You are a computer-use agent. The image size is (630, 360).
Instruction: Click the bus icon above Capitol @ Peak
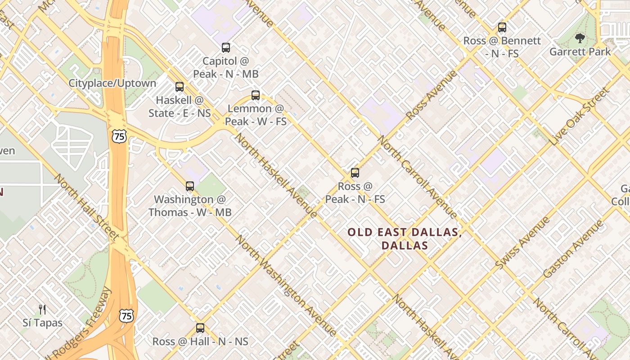(226, 47)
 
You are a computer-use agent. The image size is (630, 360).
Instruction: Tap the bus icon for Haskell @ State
(180, 87)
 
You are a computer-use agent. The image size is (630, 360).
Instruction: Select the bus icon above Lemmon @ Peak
(256, 95)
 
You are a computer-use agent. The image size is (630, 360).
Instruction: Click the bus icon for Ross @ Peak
(355, 173)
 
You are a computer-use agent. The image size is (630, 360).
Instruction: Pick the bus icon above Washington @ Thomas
(190, 186)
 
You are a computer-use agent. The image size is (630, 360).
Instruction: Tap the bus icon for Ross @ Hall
(200, 328)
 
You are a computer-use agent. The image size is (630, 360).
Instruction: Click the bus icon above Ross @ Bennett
(502, 27)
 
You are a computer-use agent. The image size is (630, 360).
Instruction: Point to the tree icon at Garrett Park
(580, 38)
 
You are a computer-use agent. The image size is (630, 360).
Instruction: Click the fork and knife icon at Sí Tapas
(42, 310)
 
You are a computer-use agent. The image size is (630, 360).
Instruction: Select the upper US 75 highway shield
(120, 135)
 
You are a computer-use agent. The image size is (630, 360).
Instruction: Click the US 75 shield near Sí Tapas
(126, 316)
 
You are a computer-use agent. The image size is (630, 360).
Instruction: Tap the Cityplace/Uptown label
(112, 83)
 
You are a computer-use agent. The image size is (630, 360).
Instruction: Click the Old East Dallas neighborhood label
(405, 239)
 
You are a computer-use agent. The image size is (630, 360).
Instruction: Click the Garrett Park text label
(580, 52)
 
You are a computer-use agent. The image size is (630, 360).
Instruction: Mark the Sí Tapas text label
(42, 323)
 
